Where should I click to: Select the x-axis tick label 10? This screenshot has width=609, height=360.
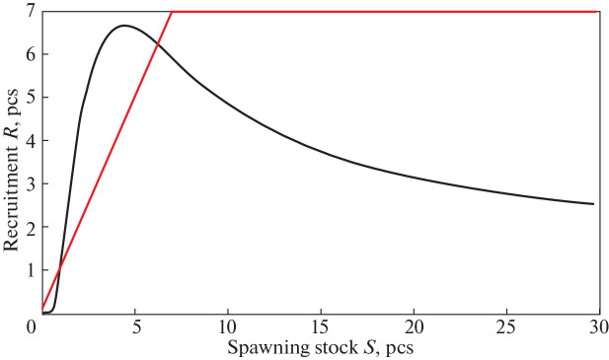227,325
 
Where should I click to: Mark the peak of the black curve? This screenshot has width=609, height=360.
122,26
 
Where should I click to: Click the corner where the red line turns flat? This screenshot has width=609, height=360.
172,12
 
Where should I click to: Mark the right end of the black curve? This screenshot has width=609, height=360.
593,204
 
